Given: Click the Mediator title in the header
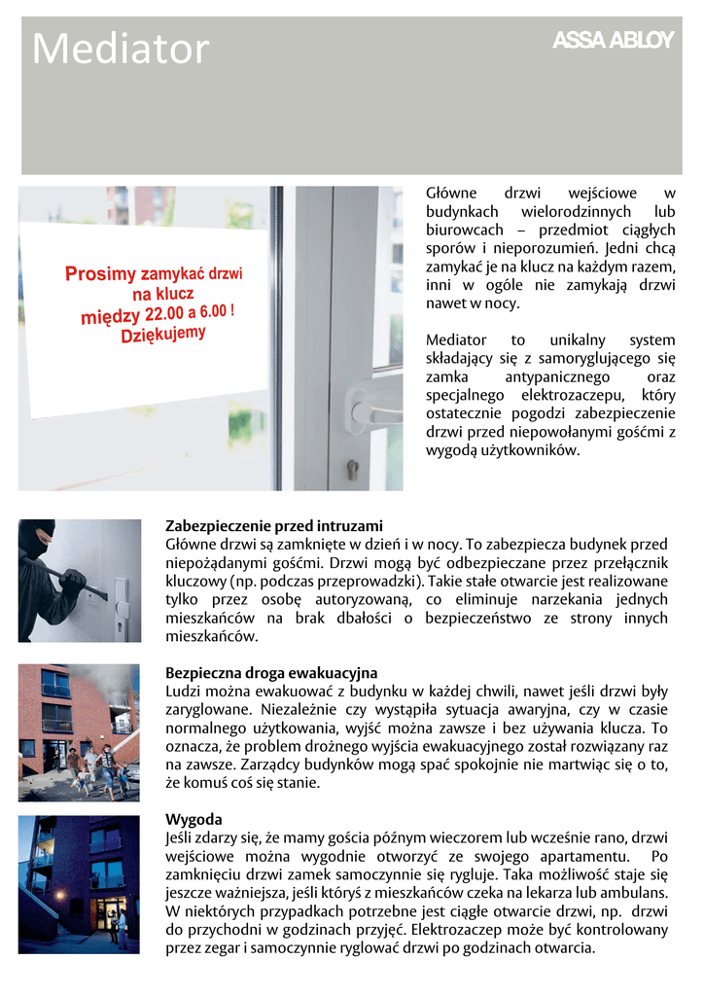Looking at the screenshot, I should point(121,50).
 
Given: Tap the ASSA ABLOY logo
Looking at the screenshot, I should point(613,41).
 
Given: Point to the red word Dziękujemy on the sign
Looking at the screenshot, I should point(163,334).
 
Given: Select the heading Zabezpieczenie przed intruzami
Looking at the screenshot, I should point(274,525).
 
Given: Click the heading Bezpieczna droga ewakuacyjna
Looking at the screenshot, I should point(271,673).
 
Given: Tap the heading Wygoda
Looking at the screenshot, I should point(194,819).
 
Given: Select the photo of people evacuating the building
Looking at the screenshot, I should point(79,732).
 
